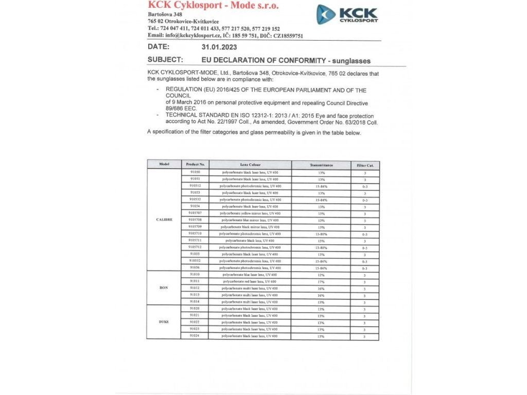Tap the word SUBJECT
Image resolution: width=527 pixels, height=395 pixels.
pyautogui.click(x=165, y=60)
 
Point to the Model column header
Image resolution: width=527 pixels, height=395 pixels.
pyautogui.click(x=164, y=165)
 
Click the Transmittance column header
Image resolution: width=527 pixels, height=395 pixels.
pyautogui.click(x=321, y=165)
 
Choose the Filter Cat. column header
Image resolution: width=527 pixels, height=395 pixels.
pyautogui.click(x=365, y=165)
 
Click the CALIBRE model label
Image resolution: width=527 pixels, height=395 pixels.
pyautogui.click(x=164, y=220)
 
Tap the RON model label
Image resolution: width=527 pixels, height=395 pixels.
pyautogui.click(x=164, y=288)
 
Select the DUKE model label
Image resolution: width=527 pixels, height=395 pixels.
pyautogui.click(x=164, y=322)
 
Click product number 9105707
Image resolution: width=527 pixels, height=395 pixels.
pyautogui.click(x=195, y=213)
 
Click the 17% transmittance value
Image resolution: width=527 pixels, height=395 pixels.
pyautogui.click(x=321, y=281)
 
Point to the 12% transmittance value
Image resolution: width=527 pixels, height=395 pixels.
pyautogui.click(x=321, y=275)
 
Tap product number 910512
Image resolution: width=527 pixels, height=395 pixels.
pyautogui.click(x=195, y=186)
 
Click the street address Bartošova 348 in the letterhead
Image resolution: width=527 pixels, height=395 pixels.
pyautogui.click(x=165, y=14)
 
